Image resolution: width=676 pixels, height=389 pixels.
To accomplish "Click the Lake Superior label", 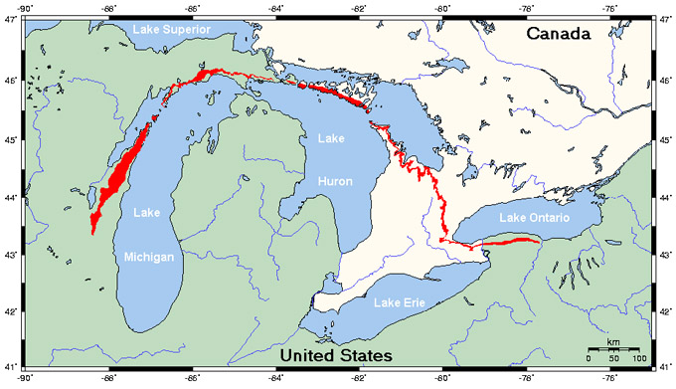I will tap(171, 29).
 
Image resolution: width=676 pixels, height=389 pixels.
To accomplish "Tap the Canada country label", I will tap(559, 34).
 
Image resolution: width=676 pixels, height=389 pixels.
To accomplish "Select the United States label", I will tap(335, 355).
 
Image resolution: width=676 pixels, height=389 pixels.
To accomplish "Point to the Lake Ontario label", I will tap(537, 218).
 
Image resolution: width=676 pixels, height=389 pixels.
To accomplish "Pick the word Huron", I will tap(334, 181).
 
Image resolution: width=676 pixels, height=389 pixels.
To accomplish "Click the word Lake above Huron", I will tap(331, 144).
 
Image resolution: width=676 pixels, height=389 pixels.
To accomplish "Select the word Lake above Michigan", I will tap(146, 213).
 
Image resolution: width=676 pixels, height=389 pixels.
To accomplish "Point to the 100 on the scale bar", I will tap(638, 357).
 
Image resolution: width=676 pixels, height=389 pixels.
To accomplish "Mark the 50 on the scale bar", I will tap(613, 357).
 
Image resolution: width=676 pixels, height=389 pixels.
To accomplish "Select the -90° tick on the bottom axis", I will tap(25, 379).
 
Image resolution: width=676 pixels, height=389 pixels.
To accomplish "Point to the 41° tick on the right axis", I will tap(667, 368).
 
